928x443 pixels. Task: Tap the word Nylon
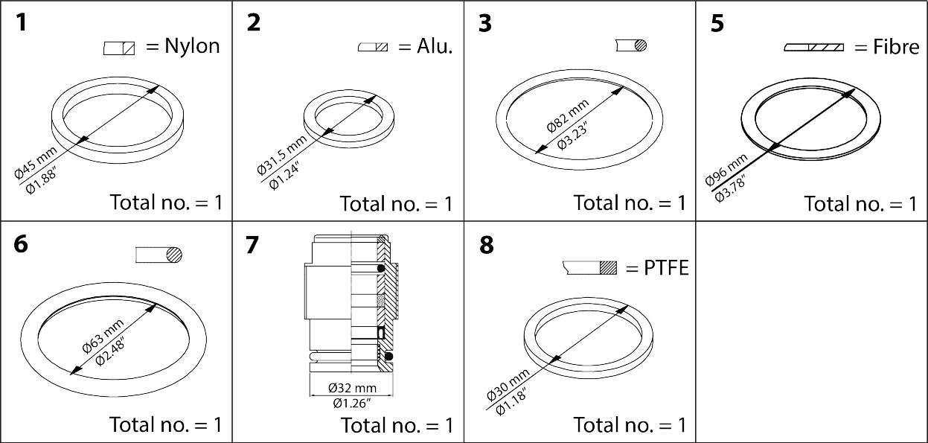[x=192, y=46]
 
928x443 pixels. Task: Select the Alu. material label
[x=425, y=46]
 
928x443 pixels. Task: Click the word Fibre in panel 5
[x=897, y=48]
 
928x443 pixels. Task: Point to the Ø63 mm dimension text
[x=101, y=335]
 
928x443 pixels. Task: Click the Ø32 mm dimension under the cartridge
[x=351, y=389]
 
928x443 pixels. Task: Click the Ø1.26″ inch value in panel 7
[x=351, y=404]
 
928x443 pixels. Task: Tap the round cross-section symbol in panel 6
[x=173, y=255]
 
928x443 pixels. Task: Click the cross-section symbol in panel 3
[x=639, y=45]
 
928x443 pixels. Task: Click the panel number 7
[x=253, y=246]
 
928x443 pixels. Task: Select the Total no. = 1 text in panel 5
[x=860, y=204]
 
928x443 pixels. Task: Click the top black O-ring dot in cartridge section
[x=381, y=269]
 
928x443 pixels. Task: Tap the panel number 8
[x=485, y=246]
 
